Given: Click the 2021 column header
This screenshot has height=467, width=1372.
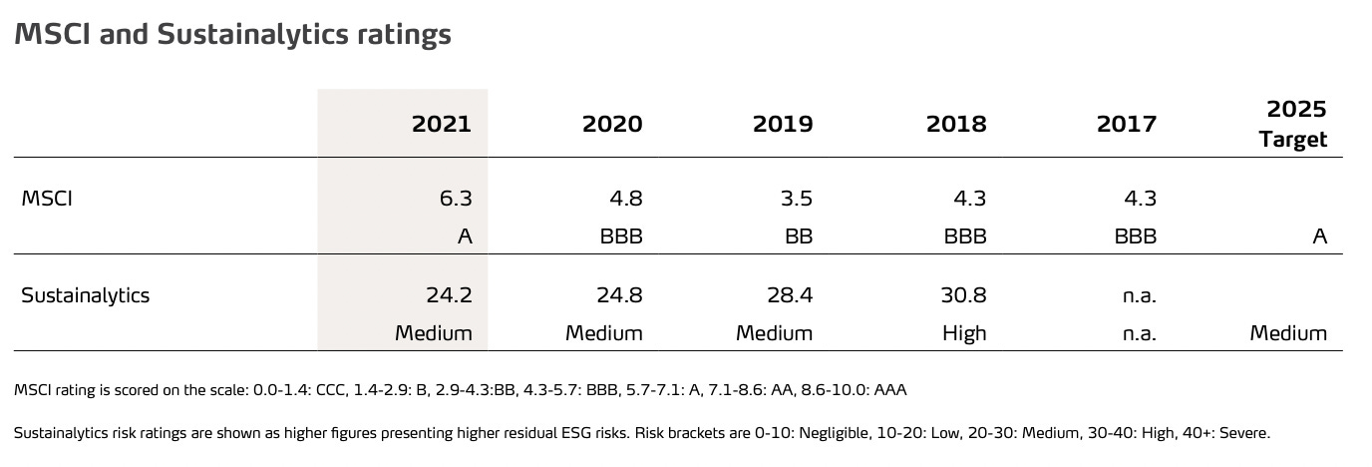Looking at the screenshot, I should (441, 124).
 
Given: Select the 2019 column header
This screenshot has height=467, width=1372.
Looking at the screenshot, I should (783, 124).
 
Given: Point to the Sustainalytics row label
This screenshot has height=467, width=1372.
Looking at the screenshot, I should (86, 295).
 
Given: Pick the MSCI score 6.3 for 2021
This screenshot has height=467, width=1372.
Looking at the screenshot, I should (456, 199).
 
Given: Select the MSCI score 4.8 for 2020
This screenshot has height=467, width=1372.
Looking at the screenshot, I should (626, 199).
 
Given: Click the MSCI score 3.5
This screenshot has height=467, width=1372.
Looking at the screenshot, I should (797, 199).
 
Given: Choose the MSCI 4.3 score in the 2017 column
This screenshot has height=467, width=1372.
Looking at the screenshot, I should (1140, 199).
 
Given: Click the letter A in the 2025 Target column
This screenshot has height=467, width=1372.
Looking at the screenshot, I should (1319, 237).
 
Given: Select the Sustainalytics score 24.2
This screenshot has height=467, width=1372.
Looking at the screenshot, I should (449, 295).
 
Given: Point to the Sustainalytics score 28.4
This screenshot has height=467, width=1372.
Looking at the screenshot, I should (790, 295).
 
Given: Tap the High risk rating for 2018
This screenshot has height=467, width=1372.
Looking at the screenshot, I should (964, 333).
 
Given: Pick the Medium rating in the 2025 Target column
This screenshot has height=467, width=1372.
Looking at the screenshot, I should (1288, 333).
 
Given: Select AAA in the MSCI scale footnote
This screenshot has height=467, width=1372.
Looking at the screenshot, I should (889, 390).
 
